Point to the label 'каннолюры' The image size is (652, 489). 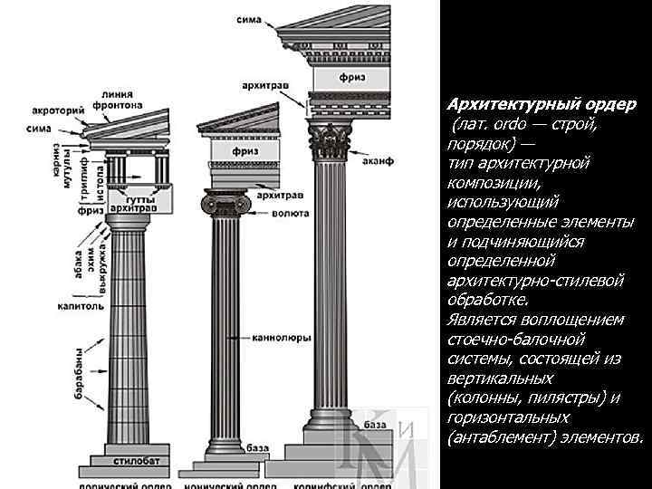(284, 336)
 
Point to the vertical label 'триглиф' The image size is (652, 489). (84, 176)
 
